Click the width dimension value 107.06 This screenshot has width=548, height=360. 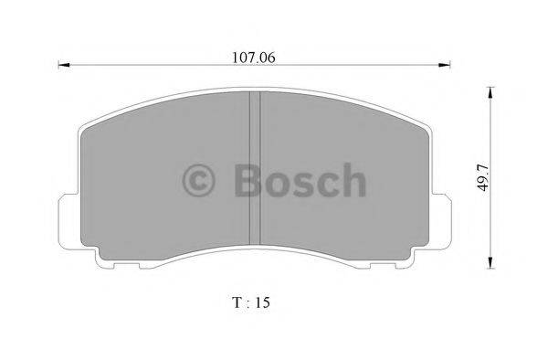coord(255,57)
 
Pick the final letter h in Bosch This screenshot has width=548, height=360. coord(353,181)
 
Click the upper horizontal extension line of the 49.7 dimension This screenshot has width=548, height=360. coord(475,88)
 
